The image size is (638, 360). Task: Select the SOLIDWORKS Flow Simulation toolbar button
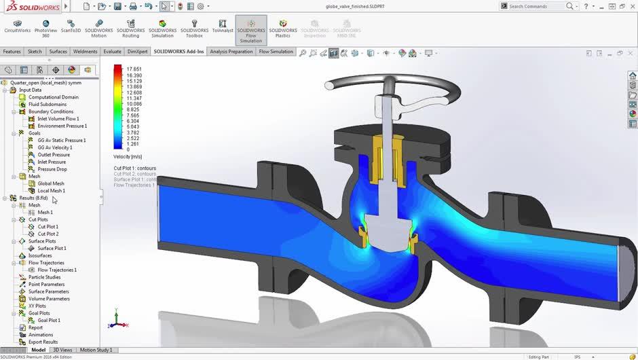pos(250,31)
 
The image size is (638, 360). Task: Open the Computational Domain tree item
pos(53,97)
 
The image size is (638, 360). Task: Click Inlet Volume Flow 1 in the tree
pos(58,119)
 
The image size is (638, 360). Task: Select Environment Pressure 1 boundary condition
pos(62,126)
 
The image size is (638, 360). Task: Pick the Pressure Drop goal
pos(52,169)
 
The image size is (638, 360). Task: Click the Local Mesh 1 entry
pos(51,191)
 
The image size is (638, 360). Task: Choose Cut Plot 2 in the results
pos(48,234)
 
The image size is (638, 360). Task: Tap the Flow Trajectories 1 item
pos(56,270)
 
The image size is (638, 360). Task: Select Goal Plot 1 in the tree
pos(48,321)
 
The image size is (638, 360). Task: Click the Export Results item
pos(43,342)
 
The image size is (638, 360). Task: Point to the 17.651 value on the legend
pos(134,69)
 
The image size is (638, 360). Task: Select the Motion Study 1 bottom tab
pos(96,350)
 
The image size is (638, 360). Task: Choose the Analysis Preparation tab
pos(231,52)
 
